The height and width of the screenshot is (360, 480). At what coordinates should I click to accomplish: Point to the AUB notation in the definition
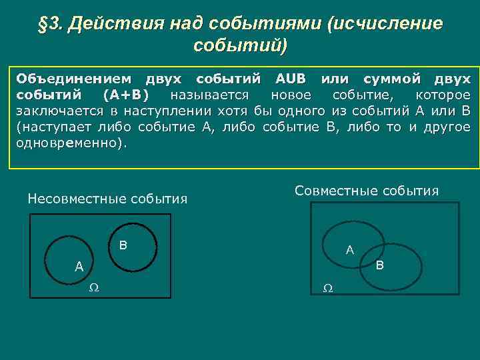click(x=290, y=79)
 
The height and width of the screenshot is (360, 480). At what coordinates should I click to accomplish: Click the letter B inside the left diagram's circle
click(x=123, y=245)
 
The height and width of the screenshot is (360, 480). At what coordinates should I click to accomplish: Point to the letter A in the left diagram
click(x=79, y=267)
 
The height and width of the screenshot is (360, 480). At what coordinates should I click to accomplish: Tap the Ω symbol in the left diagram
click(x=94, y=287)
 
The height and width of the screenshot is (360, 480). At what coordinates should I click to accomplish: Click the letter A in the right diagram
click(x=349, y=251)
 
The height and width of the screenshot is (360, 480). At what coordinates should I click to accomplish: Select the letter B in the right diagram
click(x=379, y=266)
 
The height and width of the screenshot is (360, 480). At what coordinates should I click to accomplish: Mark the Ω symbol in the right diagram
click(x=327, y=288)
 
